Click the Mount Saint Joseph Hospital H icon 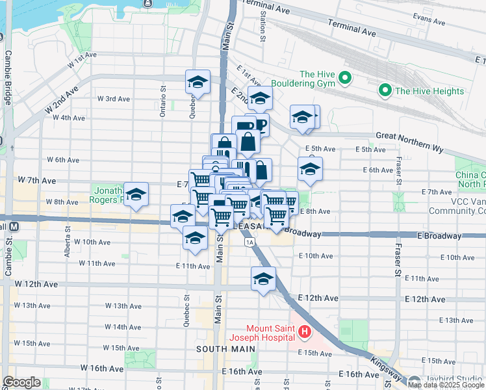[304, 334]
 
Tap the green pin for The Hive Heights [385, 91]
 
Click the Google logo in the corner [21, 382]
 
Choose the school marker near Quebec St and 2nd [198, 82]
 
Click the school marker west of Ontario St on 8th [136, 194]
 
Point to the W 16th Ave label [89, 368]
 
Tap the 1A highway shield [249, 242]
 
